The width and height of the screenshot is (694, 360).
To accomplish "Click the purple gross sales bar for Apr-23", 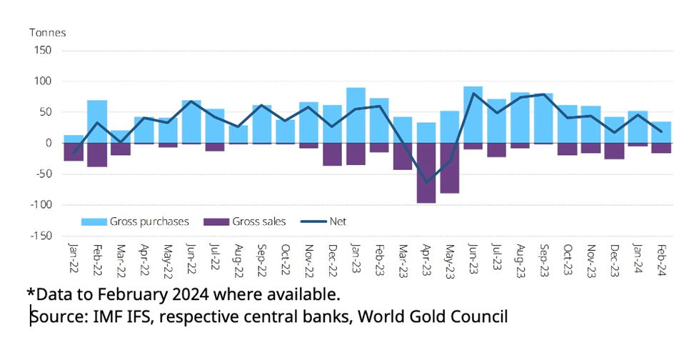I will pos(426,173).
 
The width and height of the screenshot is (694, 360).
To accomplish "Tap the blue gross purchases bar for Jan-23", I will pos(356,115).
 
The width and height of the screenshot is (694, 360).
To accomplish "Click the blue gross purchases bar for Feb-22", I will pos(97,121).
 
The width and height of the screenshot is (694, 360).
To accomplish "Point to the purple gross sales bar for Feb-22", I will pos(97,155).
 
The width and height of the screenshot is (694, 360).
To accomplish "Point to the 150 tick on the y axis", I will pos(42,51).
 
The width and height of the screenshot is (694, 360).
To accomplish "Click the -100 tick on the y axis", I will pos(41,205).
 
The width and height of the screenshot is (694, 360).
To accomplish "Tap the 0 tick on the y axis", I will pos(48,144).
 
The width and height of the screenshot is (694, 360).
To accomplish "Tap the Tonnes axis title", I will pos(47,33).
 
